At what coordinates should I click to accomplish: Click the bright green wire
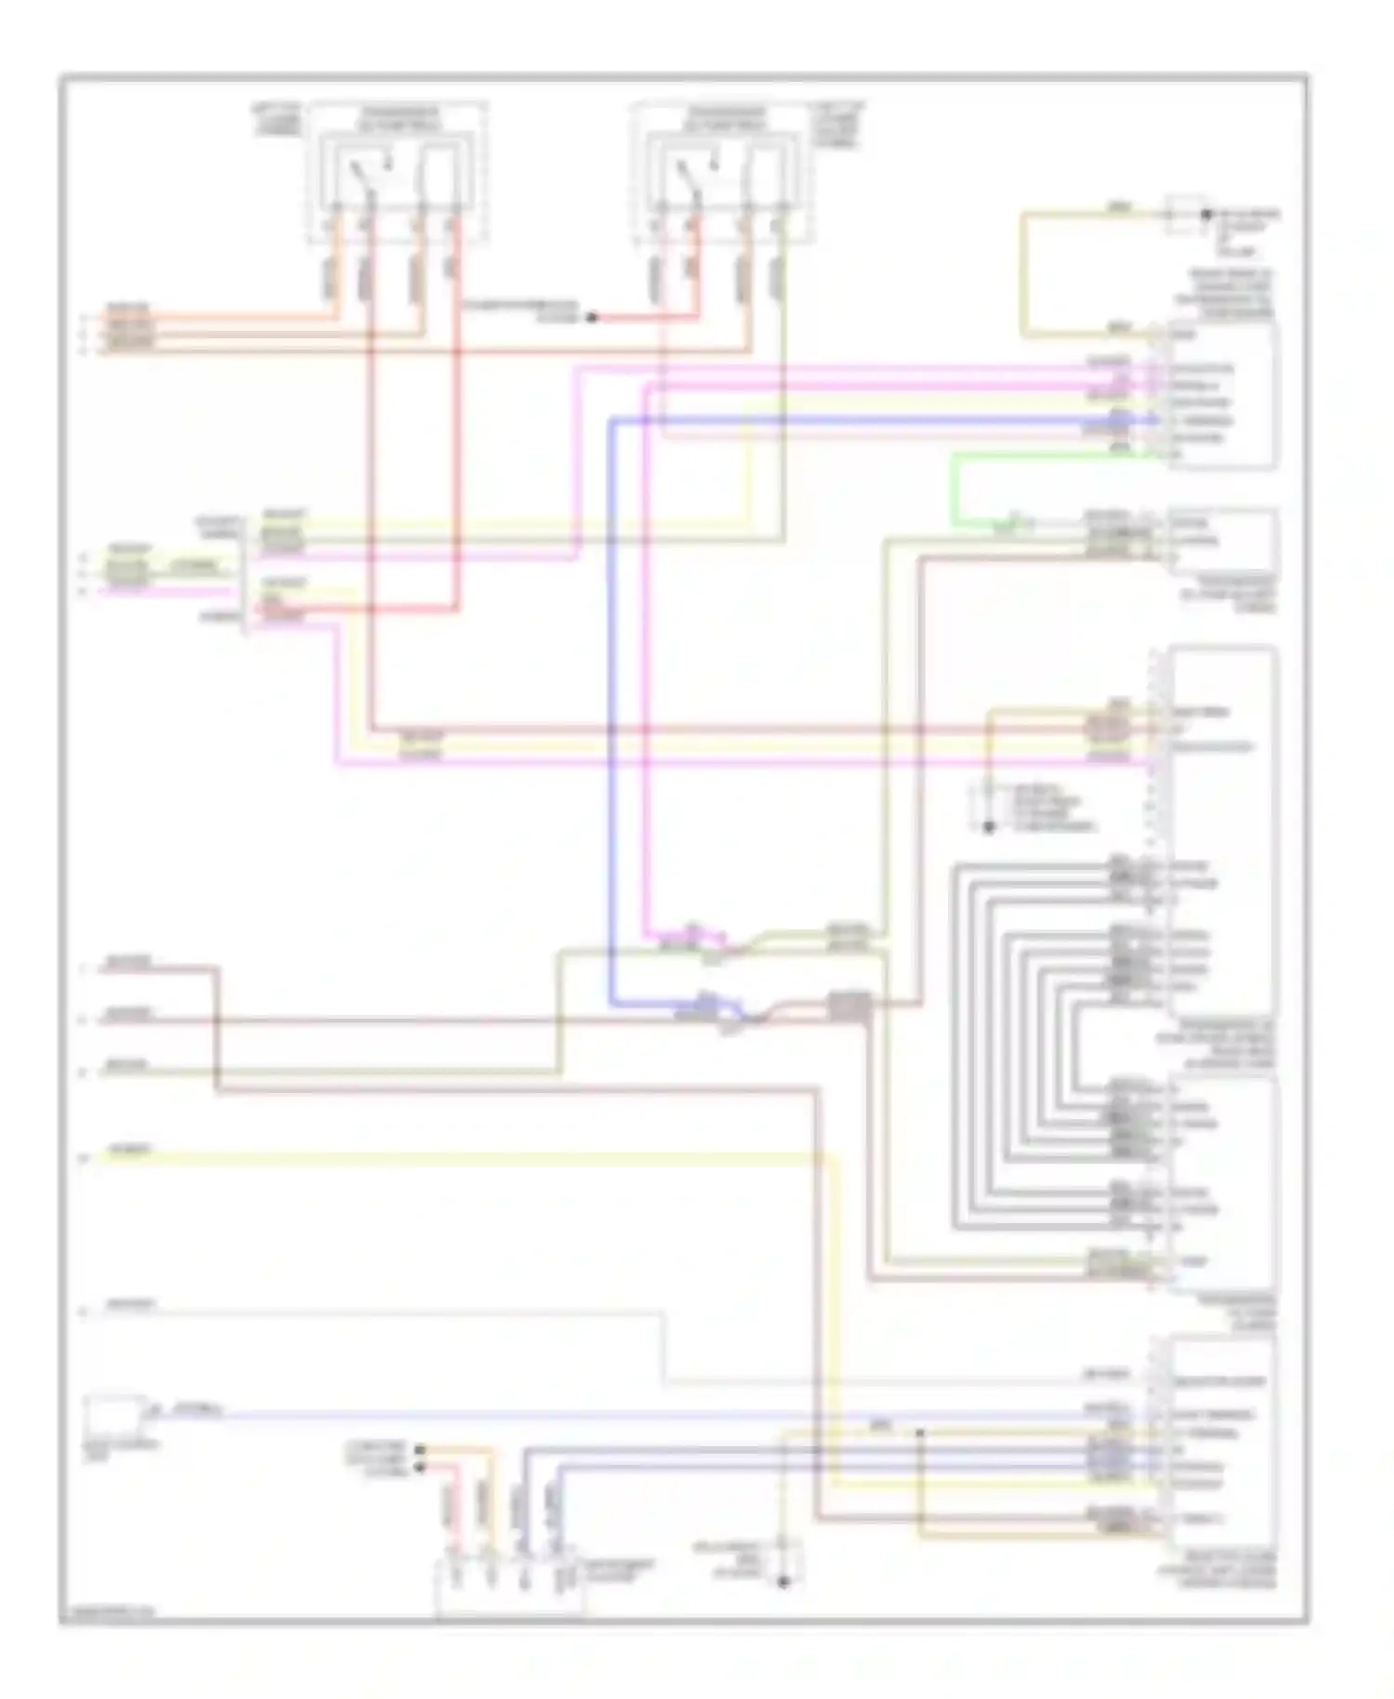(954, 488)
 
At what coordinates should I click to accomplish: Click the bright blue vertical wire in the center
(612, 706)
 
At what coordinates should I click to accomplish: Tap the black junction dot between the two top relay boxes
(591, 318)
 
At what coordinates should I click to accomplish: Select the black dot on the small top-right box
(1206, 215)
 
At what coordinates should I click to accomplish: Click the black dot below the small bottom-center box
(782, 1581)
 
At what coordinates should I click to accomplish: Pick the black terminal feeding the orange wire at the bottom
(420, 1449)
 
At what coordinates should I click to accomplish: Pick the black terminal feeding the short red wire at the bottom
(420, 1467)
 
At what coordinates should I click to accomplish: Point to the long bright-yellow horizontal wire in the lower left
(465, 1157)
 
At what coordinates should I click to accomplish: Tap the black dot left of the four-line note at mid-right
(989, 826)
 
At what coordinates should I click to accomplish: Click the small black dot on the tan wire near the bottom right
(919, 1432)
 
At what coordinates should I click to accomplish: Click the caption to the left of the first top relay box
(276, 121)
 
